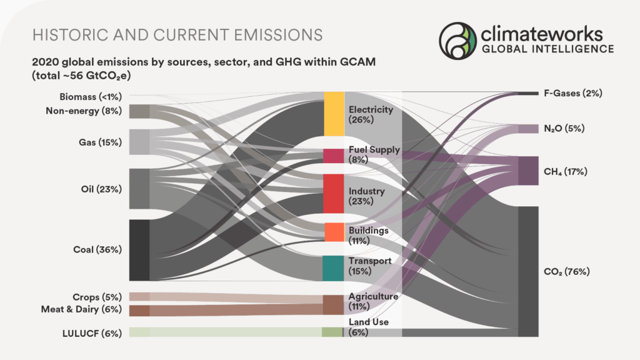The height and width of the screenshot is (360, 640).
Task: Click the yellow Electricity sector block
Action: [x=334, y=113]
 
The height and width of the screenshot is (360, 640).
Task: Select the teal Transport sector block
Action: [x=332, y=268]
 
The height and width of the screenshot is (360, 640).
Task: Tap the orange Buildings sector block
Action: [x=334, y=232]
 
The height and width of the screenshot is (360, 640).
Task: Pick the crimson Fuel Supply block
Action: [x=332, y=156]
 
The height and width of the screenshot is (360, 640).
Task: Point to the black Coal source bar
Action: [x=139, y=250]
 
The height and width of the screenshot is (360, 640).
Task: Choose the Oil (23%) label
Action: [x=101, y=189]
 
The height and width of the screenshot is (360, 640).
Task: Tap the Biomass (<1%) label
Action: [x=91, y=96]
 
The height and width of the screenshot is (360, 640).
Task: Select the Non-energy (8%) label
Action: [x=84, y=111]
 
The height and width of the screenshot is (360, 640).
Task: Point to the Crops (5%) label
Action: [x=97, y=296]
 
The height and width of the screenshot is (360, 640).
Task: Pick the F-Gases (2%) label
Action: [x=572, y=93]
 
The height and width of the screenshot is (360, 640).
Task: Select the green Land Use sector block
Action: [x=332, y=332]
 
